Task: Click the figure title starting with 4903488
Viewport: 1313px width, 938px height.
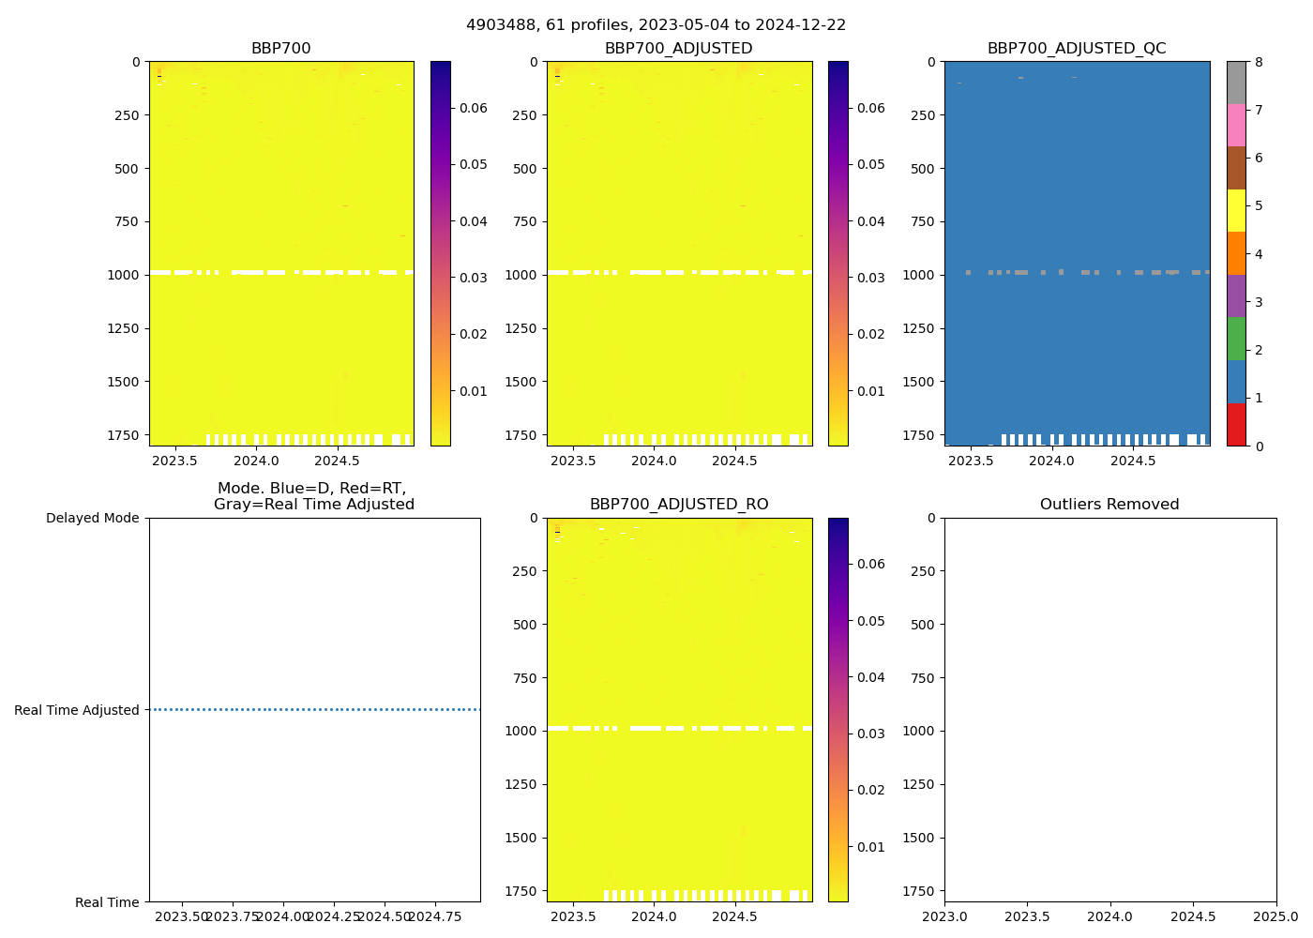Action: [x=656, y=25]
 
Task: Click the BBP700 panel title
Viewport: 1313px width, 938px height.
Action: [x=280, y=49]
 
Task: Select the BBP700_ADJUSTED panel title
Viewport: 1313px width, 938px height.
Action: [x=678, y=49]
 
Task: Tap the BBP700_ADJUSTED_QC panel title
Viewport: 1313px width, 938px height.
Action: [x=1077, y=49]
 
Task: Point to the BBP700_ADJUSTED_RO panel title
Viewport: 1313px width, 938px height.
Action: [x=678, y=505]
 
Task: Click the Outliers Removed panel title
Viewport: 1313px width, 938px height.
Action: [x=1109, y=505]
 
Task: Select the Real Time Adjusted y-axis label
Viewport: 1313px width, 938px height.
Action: [x=77, y=710]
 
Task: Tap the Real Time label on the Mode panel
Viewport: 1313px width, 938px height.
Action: [x=107, y=902]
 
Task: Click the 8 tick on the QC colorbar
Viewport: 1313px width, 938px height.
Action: [x=1259, y=62]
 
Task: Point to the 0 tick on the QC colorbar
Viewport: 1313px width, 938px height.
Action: [x=1259, y=446]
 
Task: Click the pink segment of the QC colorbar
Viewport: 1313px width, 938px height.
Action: [x=1236, y=126]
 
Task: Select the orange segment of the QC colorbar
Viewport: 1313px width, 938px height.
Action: [x=1236, y=253]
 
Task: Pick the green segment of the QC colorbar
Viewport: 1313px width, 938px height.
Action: [x=1236, y=339]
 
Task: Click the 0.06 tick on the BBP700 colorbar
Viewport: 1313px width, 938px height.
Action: [x=473, y=108]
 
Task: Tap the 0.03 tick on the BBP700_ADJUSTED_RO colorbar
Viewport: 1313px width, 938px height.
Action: [x=871, y=734]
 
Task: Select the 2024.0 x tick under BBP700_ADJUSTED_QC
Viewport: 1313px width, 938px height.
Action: [x=1051, y=461]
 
